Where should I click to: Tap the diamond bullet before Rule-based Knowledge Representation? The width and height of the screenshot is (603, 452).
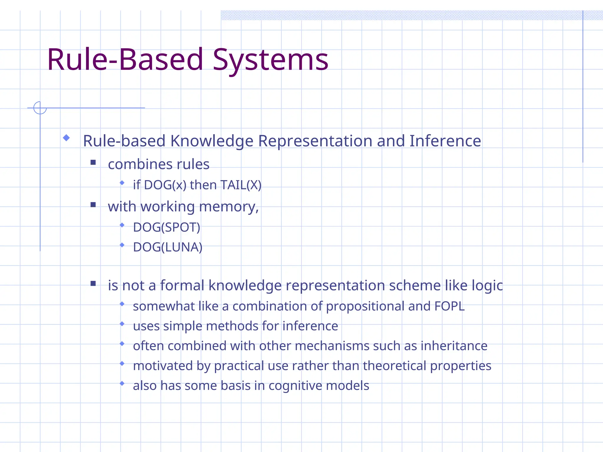pyautogui.click(x=66, y=138)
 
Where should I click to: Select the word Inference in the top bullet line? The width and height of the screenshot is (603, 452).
pyautogui.click(x=445, y=141)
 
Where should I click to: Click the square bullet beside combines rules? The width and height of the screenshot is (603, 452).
pyautogui.click(x=93, y=162)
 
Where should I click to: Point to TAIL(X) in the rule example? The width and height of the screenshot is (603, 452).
pyautogui.click(x=241, y=185)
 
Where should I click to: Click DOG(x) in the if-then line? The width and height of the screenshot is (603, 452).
pyautogui.click(x=165, y=185)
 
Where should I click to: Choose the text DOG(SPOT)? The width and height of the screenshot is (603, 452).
pyautogui.click(x=166, y=227)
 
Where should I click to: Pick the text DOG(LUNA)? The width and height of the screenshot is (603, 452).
pyautogui.click(x=168, y=247)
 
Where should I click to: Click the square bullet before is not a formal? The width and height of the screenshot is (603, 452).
pyautogui.click(x=93, y=284)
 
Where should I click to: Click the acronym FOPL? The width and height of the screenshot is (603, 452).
pyautogui.click(x=449, y=306)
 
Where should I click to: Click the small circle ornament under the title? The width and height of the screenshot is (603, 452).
pyautogui.click(x=40, y=108)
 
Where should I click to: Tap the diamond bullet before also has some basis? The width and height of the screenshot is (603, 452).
pyautogui.click(x=122, y=383)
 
